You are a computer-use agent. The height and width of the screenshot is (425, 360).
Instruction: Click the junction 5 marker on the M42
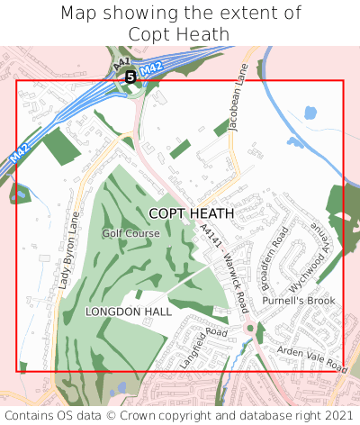tap(130, 77)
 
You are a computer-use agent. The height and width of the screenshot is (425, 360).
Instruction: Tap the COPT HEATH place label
tap(191, 213)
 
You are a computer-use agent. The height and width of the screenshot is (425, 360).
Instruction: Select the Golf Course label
tap(130, 233)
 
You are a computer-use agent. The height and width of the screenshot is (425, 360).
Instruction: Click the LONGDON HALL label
tap(128, 311)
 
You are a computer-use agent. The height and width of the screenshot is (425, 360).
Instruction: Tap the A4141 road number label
tap(210, 242)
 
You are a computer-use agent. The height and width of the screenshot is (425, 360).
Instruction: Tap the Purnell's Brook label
tap(298, 300)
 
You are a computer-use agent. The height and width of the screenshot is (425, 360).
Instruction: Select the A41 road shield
tap(123, 63)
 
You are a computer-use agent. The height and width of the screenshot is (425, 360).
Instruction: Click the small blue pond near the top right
tap(310, 113)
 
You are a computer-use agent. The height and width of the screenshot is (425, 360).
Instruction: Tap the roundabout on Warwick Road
tap(249, 329)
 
